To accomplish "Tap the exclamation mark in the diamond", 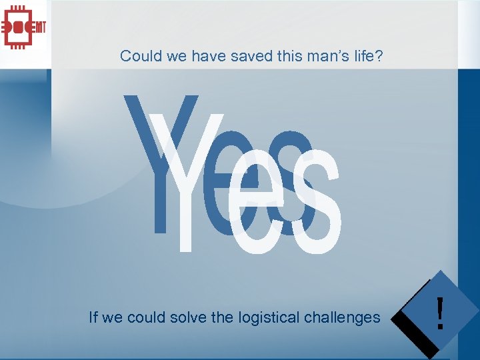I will click(439, 314).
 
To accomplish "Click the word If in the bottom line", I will click(93, 317).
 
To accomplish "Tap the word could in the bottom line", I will click(145, 317).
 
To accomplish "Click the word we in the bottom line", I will click(112, 318).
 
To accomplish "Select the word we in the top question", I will click(177, 56).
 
